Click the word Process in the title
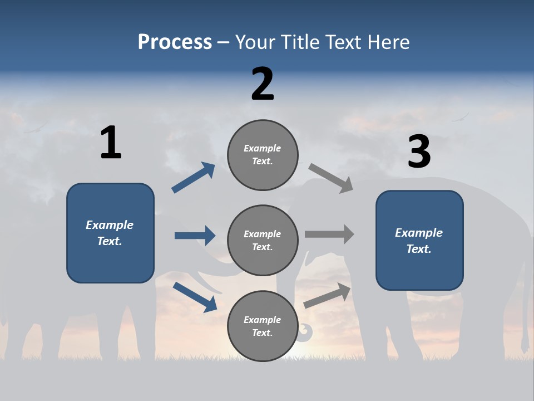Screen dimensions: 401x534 (175, 42)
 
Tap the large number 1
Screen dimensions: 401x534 (111, 143)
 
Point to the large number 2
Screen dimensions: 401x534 (263, 84)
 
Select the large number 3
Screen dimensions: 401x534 (419, 151)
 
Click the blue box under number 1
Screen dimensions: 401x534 (110, 233)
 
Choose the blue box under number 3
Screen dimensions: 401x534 (419, 240)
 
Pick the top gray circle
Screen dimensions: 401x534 (263, 155)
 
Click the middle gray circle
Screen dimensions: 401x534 (263, 240)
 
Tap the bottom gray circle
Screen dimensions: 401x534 (263, 326)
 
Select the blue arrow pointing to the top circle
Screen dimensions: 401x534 (193, 178)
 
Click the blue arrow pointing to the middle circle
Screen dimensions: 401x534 (195, 236)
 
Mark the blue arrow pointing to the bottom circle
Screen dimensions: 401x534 (195, 297)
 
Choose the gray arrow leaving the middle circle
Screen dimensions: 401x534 (329, 234)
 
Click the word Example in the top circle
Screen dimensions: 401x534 (262, 148)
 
